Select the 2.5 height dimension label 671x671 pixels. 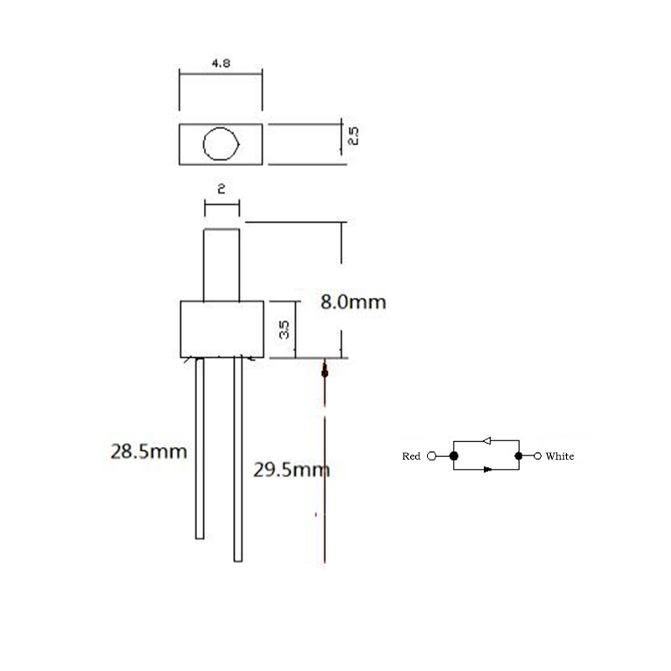point(352,136)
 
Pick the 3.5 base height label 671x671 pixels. point(285,329)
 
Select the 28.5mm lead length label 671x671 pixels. point(148,451)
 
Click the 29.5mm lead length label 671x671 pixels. point(291,469)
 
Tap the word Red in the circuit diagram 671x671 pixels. point(411,456)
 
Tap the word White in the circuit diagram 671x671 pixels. point(559,456)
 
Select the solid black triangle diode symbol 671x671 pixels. point(486,470)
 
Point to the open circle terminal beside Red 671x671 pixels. point(432,456)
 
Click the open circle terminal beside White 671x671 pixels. point(538,456)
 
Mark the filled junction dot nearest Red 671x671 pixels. point(454,456)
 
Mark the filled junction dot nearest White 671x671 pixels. point(518,456)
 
